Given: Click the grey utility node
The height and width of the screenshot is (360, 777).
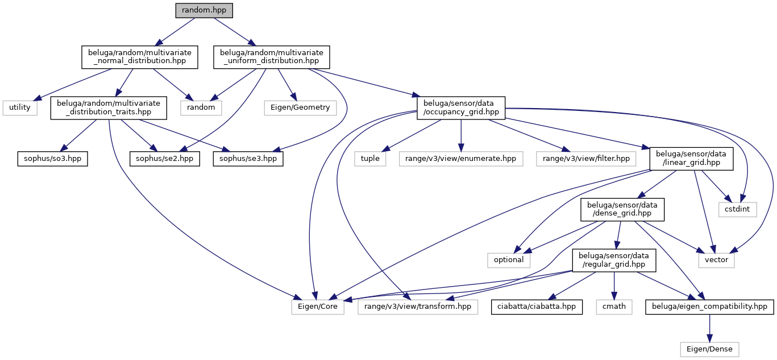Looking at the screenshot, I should coord(20,107).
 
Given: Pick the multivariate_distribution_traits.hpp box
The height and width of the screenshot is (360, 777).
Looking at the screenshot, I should coord(108,107).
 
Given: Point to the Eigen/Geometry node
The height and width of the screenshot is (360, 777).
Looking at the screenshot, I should coord(301,107).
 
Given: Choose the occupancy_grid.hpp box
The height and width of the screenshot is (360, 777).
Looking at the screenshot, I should coord(461,107).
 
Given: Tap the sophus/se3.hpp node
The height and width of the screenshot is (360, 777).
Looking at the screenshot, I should coord(248,158).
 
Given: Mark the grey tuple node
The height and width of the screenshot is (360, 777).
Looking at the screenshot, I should coord(370,158).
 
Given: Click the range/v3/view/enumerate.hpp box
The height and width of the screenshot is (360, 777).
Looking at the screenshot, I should coord(461,158).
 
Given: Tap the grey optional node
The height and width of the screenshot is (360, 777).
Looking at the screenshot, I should coord(509,259).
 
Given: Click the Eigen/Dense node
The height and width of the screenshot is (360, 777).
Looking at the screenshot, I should coord(710,348).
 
